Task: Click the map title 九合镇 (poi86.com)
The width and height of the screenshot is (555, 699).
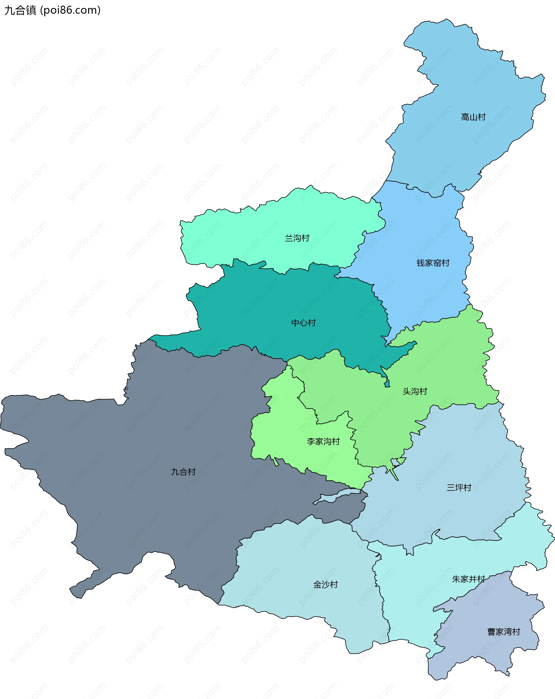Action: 52,10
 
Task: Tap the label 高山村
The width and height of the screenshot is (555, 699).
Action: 473,117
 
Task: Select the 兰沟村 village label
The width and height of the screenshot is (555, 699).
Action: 297,238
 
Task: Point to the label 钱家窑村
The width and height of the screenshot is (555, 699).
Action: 433,263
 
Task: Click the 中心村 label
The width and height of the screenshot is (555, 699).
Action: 303,323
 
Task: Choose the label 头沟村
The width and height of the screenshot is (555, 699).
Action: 415,391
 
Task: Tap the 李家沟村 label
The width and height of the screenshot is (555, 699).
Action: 323,442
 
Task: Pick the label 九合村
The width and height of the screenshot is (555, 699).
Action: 183,472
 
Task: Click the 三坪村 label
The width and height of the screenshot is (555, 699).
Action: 459,488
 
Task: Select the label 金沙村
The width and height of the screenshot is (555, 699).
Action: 325,585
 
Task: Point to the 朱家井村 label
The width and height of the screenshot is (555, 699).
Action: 468,579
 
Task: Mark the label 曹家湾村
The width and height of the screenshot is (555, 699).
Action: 504,632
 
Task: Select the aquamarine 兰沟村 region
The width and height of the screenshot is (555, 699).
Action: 260,227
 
